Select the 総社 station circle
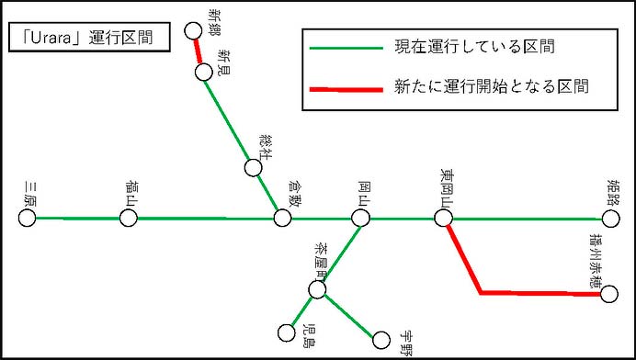tap(254, 168)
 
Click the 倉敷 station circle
tap(282, 218)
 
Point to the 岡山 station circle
tap(360, 218)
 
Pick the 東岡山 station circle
tap(443, 218)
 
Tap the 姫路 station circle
tap(611, 219)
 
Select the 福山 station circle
tap(129, 218)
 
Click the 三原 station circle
tap(27, 218)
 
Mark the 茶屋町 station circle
tap(317, 290)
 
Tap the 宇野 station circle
tap(380, 341)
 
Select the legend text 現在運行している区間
tap(473, 46)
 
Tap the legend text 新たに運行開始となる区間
tap(491, 87)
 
